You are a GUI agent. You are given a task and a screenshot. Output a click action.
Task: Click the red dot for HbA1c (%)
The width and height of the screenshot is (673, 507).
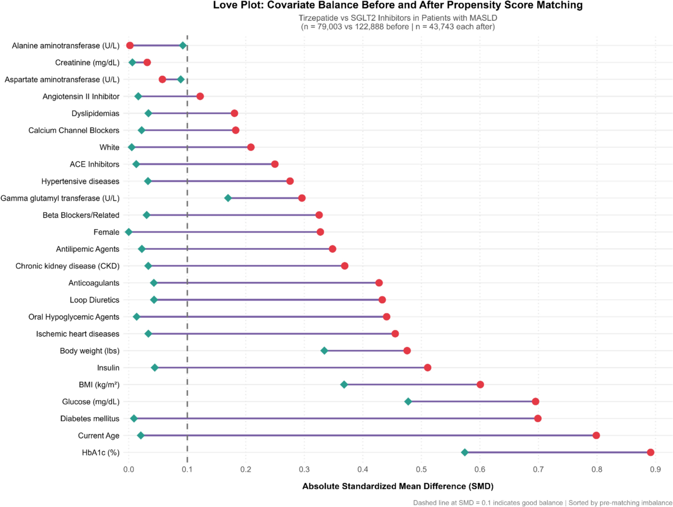651,453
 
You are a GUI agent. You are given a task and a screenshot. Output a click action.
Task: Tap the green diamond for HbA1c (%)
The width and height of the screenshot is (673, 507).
465,453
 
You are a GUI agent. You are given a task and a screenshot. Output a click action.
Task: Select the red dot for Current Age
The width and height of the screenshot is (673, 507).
596,436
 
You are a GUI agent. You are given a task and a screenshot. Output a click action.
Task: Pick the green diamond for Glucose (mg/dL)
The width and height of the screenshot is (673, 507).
408,401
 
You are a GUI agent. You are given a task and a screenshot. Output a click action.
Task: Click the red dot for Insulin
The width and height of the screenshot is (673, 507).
427,368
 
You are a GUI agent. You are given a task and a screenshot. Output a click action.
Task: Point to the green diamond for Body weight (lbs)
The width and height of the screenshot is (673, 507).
324,351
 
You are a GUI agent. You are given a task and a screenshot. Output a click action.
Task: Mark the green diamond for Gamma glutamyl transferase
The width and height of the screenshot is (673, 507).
228,198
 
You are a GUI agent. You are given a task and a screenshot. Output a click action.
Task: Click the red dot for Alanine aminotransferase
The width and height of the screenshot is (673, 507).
130,45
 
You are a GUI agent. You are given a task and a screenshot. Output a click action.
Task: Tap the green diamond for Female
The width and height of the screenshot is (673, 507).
129,232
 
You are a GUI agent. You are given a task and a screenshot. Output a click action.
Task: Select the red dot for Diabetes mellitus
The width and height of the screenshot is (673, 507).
537,419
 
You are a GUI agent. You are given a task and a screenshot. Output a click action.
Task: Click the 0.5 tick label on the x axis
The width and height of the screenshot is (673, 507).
421,469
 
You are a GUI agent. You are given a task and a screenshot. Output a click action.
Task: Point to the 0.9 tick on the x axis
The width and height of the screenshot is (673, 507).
655,469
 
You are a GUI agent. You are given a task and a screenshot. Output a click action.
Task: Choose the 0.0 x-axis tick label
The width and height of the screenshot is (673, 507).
129,469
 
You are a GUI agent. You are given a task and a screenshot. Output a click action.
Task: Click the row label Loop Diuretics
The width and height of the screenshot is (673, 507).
94,300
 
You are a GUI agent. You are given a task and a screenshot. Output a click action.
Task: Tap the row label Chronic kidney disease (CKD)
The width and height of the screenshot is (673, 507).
67,266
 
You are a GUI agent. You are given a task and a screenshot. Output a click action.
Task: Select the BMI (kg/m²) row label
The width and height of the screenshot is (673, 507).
99,385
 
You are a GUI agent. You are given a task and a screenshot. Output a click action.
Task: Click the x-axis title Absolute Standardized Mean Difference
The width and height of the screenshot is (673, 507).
398,486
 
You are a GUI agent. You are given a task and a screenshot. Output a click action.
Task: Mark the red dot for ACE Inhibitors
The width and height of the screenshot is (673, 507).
275,164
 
